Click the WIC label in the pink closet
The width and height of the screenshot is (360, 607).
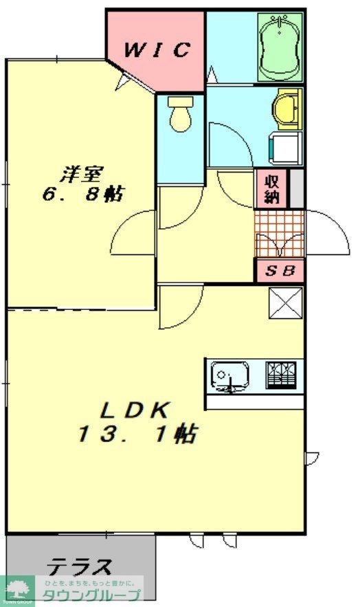pos(156,50)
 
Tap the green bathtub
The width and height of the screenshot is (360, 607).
pos(280,47)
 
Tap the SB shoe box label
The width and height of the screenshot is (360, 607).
pos(280,271)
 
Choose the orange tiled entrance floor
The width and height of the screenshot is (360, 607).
pos(279,234)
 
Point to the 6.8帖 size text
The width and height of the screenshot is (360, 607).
pos(82,194)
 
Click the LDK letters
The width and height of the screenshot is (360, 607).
pos(135,410)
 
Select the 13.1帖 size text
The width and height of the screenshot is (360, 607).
pos(138,434)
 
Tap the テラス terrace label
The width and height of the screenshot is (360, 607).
pos(80,567)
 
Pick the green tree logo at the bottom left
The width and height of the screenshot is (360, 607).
pos(17,589)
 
